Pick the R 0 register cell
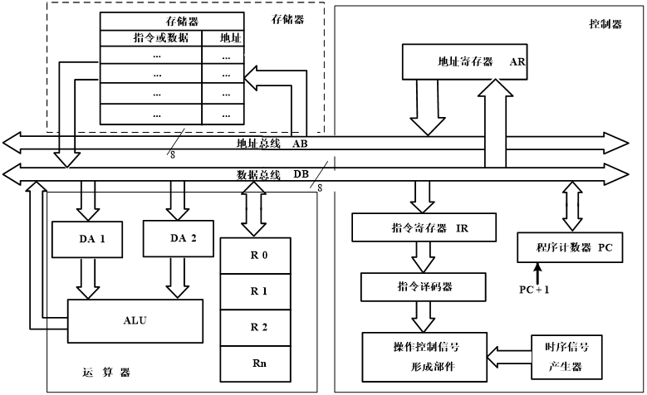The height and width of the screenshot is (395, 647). point(258,256)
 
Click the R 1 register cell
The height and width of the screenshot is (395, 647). point(258,291)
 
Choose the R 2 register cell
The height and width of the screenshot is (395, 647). point(258,327)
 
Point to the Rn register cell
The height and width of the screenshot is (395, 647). point(258,363)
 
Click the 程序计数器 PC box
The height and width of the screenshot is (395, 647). point(569,246)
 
